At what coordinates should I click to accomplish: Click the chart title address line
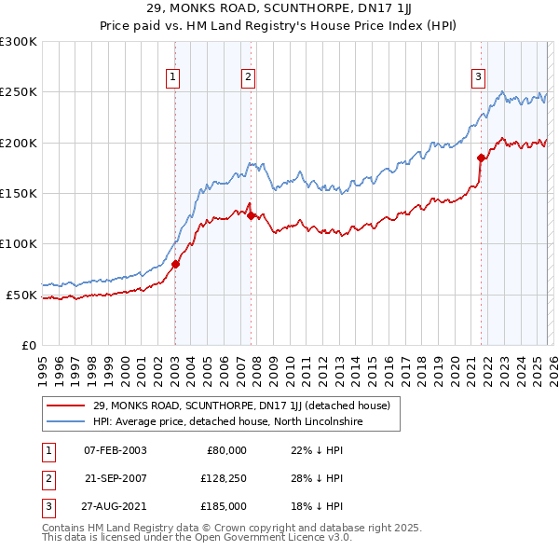pos(279,10)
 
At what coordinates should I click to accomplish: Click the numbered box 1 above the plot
pos(174,77)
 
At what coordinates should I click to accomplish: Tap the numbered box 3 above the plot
pos(478,77)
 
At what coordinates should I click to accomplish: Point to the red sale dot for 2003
pos(175,264)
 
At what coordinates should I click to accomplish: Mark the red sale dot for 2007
pos(252,215)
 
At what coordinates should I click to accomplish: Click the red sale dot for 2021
pos(482,158)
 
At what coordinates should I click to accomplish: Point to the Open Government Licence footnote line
pos(197,538)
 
